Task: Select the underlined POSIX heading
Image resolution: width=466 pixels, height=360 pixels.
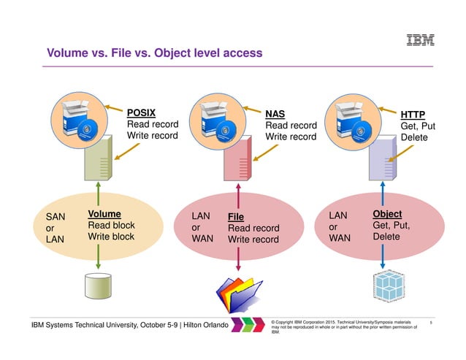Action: pyautogui.click(x=142, y=113)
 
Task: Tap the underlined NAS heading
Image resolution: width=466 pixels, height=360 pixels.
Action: pyautogui.click(x=275, y=114)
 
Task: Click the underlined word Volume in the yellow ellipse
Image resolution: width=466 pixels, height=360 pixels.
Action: pyautogui.click(x=104, y=214)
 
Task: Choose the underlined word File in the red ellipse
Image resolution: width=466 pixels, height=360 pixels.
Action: pyautogui.click(x=235, y=217)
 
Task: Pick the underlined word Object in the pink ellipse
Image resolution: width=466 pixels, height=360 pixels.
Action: pyautogui.click(x=387, y=214)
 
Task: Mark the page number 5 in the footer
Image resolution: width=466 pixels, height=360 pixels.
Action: pyautogui.click(x=432, y=321)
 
